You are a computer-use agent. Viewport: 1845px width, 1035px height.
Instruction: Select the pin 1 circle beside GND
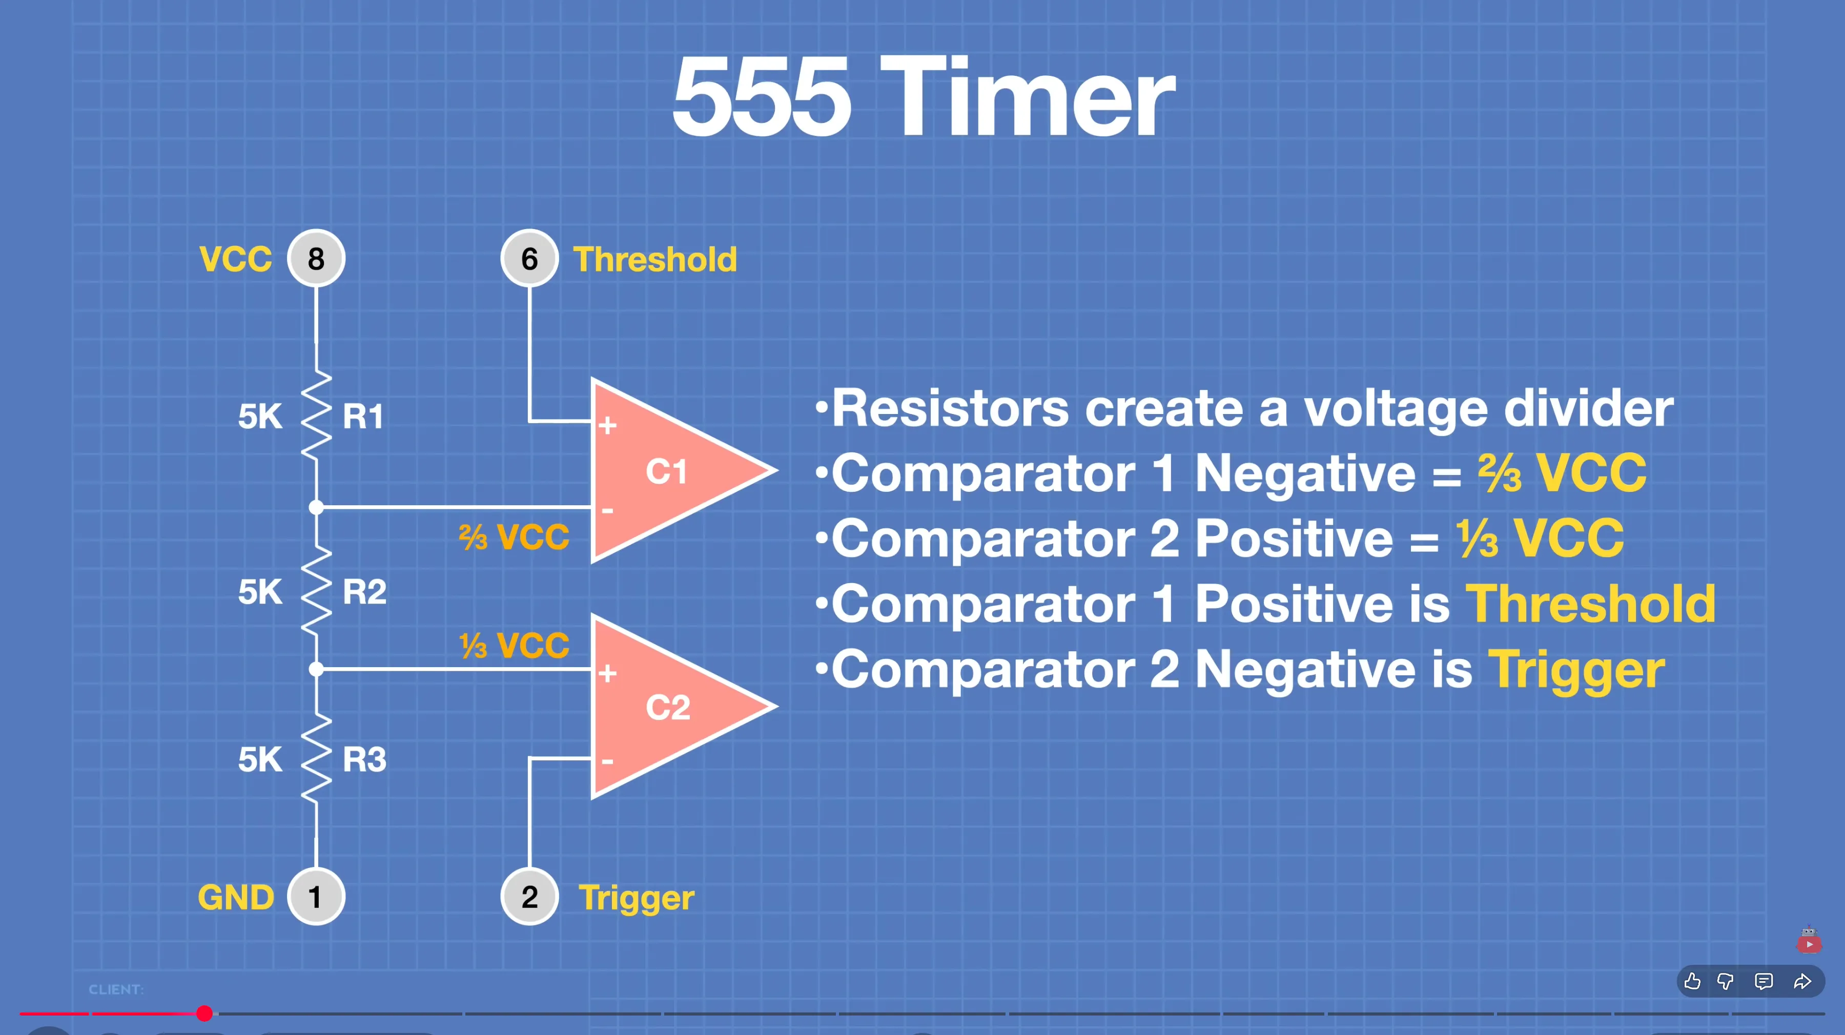[316, 896]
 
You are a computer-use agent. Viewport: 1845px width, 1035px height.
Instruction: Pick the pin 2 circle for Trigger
[529, 896]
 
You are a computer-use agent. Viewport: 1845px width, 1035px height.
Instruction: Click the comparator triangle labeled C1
[666, 470]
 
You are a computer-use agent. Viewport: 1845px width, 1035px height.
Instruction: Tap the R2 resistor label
[364, 592]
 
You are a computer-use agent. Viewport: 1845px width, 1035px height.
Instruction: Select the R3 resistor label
[364, 759]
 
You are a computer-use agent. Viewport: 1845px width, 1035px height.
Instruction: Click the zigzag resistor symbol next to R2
[316, 592]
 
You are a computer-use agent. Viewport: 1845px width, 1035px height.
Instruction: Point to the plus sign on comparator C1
[607, 425]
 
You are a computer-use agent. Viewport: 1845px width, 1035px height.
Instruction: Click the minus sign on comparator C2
[607, 761]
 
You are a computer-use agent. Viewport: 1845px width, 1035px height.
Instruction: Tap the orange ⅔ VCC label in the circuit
[514, 537]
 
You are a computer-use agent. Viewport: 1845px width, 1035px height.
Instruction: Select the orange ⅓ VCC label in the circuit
[514, 646]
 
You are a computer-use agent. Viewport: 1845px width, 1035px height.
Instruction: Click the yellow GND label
[236, 898]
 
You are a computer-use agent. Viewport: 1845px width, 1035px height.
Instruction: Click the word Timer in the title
[1027, 97]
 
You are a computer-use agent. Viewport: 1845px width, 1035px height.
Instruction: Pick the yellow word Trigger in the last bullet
[1576, 672]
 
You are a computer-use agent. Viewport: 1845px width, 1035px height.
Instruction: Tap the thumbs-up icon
[1692, 981]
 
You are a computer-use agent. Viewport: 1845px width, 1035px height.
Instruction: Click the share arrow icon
[1802, 981]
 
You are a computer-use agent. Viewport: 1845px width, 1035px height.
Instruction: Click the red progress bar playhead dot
[204, 1013]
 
